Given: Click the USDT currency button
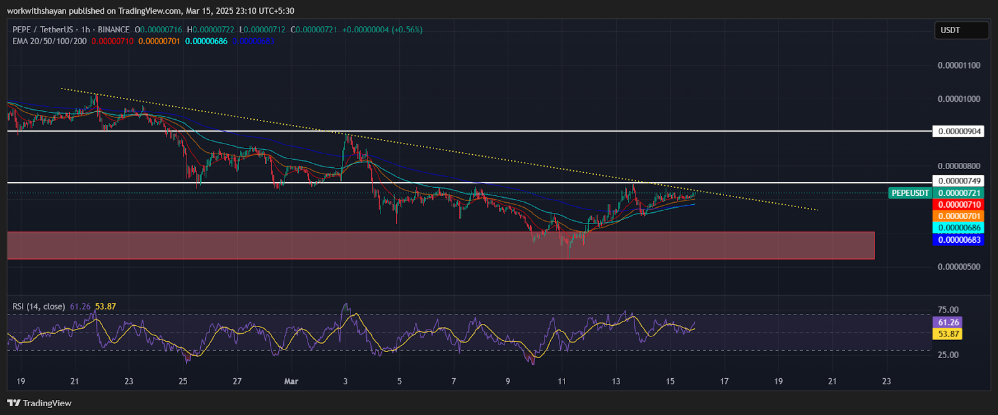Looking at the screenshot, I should tap(961, 30).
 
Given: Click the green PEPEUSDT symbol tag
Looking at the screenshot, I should tap(910, 193).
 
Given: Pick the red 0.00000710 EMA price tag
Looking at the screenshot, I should tap(959, 205).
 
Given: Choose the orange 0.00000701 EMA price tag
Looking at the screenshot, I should tap(959, 217).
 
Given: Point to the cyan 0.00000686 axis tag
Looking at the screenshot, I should tap(959, 228).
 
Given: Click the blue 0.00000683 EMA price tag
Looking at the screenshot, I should tap(959, 240).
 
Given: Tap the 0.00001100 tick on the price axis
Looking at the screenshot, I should tap(959, 66).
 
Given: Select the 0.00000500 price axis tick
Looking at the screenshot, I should tap(959, 266).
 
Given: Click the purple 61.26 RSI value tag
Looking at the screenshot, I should tap(948, 322).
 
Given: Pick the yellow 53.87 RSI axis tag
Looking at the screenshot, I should tap(948, 334).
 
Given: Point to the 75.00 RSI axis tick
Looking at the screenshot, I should tap(948, 310).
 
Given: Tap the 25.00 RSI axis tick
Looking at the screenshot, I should tap(948, 354).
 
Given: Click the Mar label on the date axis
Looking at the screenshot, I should tap(291, 381).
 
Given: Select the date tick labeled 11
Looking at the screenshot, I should tap(562, 381).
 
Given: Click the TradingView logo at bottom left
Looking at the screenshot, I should tap(40, 403).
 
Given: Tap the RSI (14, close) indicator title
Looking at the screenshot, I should tap(39, 306).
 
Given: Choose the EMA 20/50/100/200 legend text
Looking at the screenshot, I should tap(49, 41).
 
